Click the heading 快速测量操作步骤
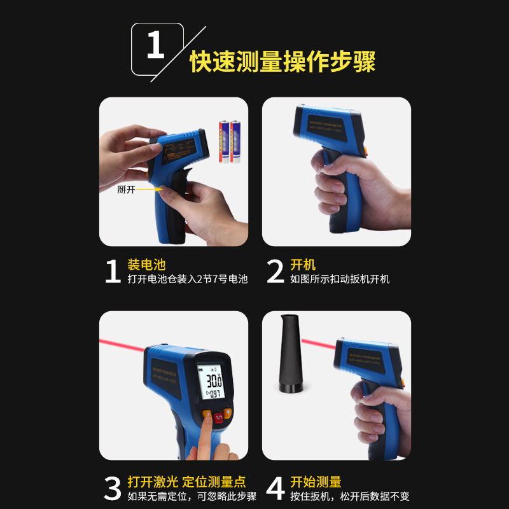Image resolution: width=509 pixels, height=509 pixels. tap(282, 62)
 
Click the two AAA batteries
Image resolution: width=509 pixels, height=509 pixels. tap(230, 141)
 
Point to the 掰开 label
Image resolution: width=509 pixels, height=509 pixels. tap(126, 189)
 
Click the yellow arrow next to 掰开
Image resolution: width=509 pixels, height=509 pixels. tap(147, 189)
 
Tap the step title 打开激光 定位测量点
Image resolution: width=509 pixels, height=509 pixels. tap(186, 482)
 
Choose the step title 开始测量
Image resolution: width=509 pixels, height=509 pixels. tap(316, 482)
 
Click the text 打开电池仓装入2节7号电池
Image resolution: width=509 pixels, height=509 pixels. tap(187, 279)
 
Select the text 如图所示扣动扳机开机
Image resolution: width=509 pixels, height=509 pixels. tap(340, 279)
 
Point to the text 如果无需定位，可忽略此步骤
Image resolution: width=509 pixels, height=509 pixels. tap(192, 496)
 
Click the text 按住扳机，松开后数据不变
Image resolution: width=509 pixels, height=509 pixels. tap(350, 496)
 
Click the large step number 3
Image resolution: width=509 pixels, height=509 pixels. tap(112, 489)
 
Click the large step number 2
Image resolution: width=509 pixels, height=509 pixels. tap(275, 272)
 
